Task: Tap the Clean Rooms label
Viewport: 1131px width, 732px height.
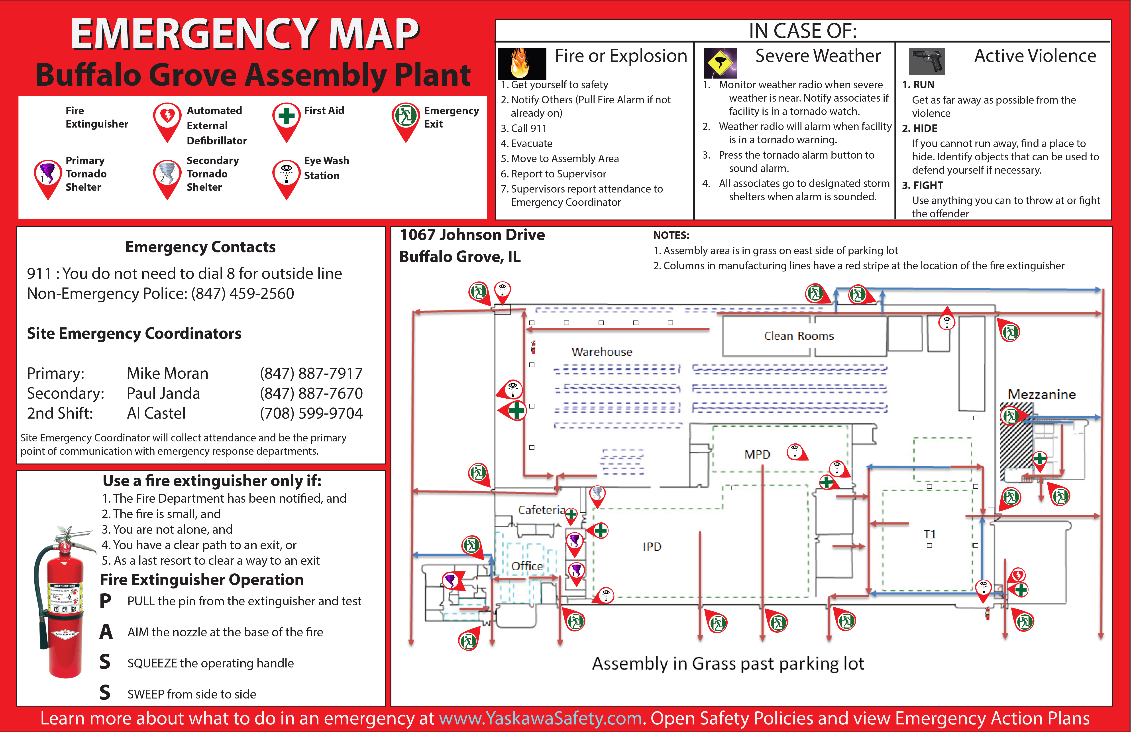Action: (x=799, y=336)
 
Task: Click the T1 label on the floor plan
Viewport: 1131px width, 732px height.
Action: (x=929, y=534)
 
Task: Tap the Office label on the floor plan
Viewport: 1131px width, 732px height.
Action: (x=527, y=566)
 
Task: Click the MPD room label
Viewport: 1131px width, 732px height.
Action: (x=757, y=455)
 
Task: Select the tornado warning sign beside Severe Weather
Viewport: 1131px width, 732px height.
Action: (x=720, y=63)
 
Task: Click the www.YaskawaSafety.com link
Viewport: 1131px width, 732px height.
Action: (x=540, y=718)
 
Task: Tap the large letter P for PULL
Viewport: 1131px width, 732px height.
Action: (x=106, y=601)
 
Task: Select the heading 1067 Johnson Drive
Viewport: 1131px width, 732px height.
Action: (x=472, y=235)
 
